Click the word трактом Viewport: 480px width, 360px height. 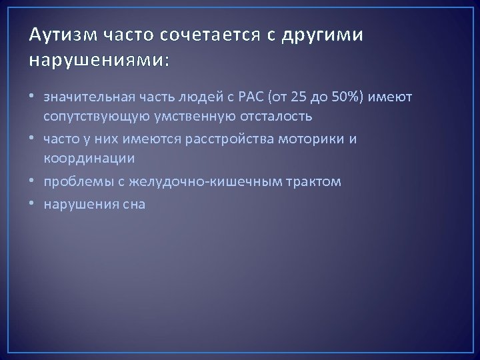[316, 182]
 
